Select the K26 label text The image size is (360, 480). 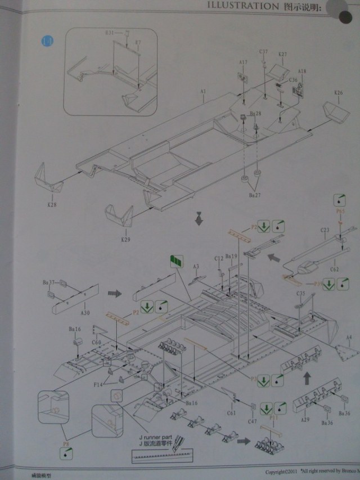pos(338,92)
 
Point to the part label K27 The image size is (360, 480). pos(282,54)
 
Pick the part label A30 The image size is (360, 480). pos(85,313)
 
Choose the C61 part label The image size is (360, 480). pos(231,412)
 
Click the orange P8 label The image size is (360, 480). pos(66,444)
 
